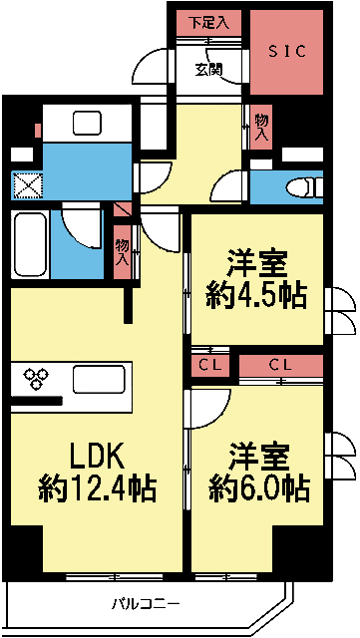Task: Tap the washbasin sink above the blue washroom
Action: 86,123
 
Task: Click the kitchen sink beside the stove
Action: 97,380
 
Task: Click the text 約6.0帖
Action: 258,488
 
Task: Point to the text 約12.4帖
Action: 97,488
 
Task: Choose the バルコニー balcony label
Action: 146,604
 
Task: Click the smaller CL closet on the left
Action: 208,366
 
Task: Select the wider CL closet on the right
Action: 280,366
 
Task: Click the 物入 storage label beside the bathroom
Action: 122,250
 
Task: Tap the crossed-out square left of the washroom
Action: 24,185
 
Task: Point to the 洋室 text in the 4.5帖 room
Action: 257,263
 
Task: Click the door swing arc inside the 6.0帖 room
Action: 207,404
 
